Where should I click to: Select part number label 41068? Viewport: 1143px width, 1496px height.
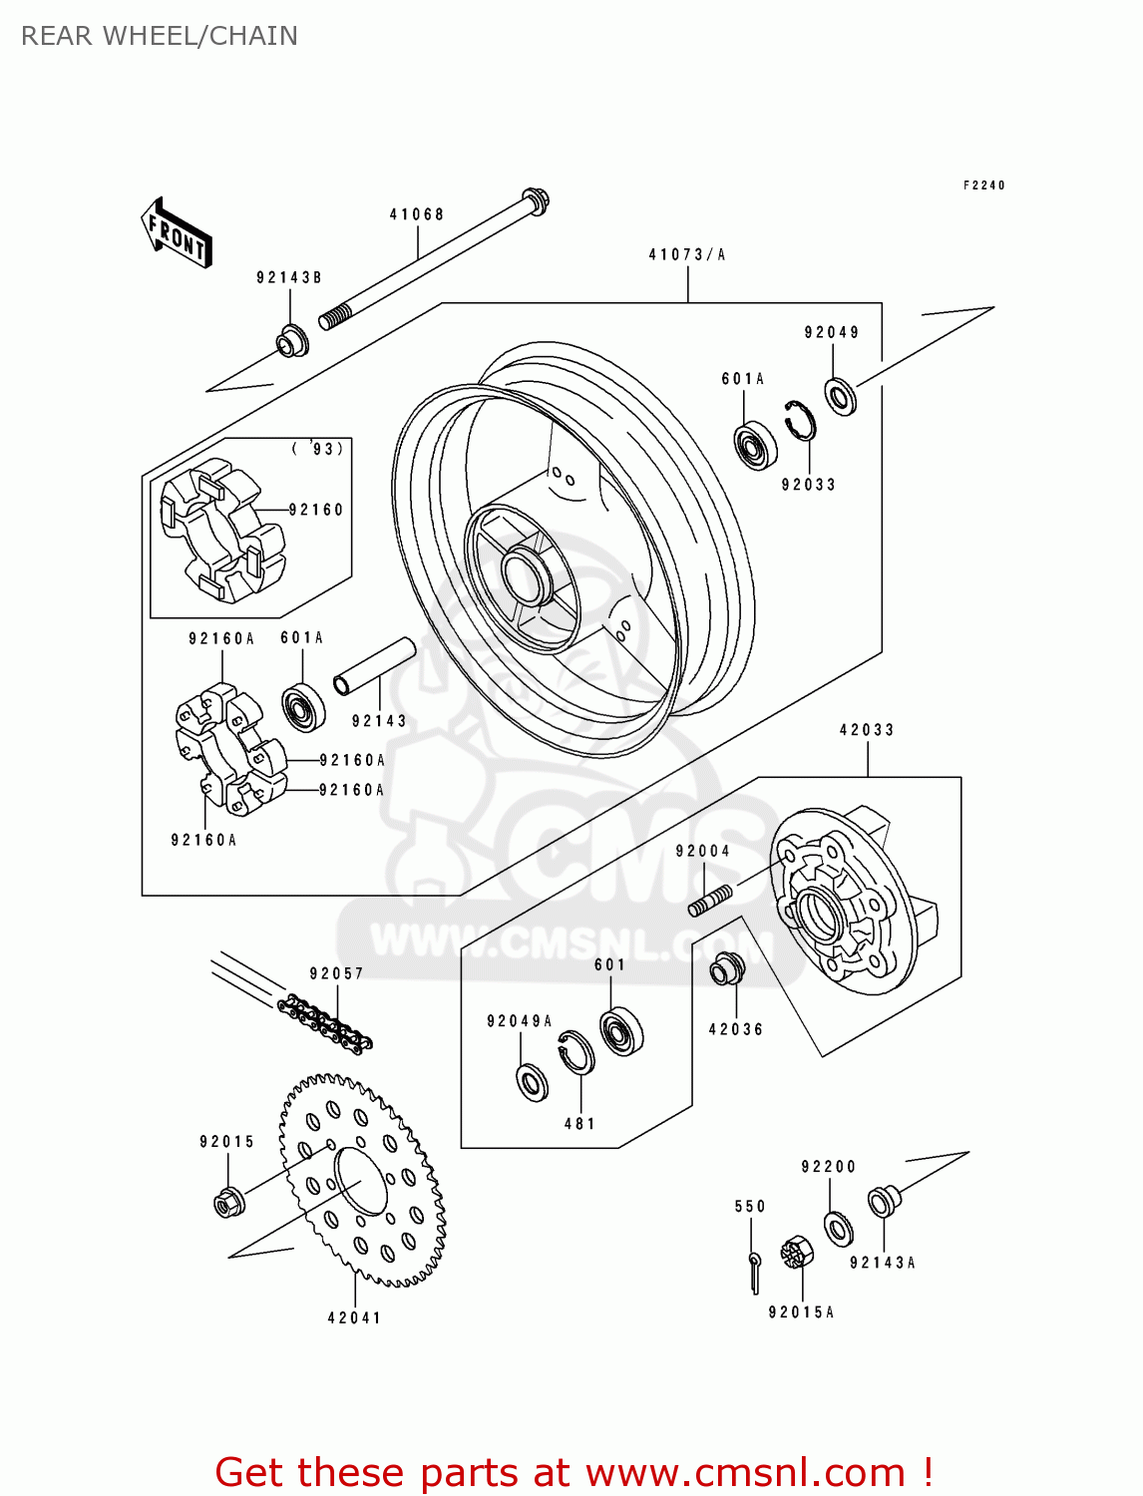point(416,214)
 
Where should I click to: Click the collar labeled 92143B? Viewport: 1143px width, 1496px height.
point(292,341)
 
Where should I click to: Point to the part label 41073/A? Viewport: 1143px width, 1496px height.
point(687,255)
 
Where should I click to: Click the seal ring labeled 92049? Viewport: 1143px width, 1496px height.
point(841,396)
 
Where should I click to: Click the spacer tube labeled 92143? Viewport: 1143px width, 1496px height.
point(374,666)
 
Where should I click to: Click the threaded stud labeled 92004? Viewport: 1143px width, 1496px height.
point(710,899)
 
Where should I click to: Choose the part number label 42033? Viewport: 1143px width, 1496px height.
point(867,730)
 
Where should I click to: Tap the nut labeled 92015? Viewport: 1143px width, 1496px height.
point(229,1203)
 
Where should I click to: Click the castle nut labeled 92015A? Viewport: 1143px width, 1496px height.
point(797,1253)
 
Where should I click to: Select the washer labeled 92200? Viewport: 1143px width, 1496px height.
point(838,1229)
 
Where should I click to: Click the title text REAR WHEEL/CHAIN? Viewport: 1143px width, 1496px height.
point(160,36)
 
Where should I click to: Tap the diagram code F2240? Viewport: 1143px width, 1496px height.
point(983,186)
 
